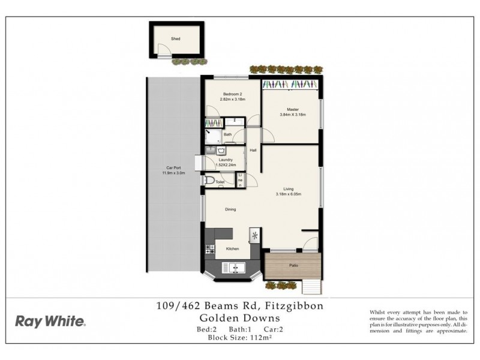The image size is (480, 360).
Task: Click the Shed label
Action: point(175,39)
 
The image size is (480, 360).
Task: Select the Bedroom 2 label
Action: point(232,95)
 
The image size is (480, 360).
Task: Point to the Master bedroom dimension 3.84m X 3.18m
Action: point(293,115)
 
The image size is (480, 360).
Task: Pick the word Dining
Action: point(230,209)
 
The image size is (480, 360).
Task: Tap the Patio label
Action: point(293,265)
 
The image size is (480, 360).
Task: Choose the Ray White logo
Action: point(50,321)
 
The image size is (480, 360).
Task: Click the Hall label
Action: point(253,150)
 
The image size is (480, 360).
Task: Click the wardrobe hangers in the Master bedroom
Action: point(292,84)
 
